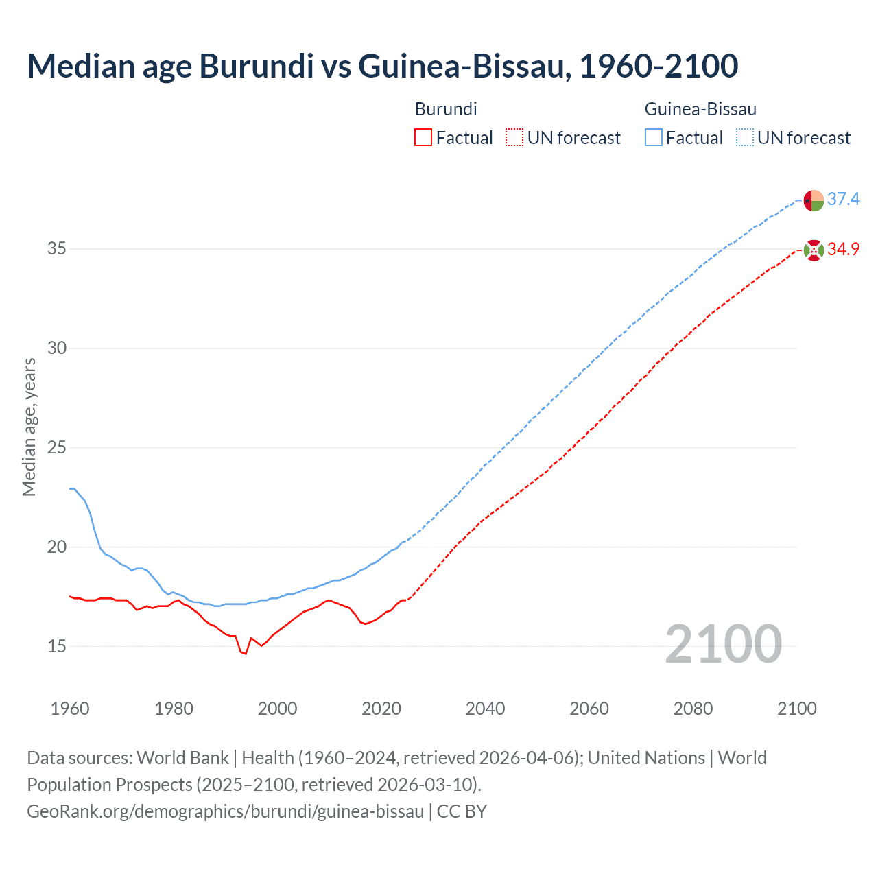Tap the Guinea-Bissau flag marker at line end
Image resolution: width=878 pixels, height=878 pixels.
coord(813,200)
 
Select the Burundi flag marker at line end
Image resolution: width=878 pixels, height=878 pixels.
coord(813,250)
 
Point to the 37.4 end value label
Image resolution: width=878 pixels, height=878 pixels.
coord(843,200)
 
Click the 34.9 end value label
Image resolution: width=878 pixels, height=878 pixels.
coord(843,250)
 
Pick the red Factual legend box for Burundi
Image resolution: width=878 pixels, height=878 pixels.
coord(423,138)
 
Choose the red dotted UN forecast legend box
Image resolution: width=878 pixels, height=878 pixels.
coord(514,138)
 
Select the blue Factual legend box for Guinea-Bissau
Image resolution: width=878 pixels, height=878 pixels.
coord(653,138)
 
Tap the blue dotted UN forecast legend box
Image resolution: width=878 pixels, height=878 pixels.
coord(744,138)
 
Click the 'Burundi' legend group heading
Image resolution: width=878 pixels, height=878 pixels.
coord(446,109)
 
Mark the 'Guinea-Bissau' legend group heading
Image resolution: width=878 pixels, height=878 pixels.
coord(700,109)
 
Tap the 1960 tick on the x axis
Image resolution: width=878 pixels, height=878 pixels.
coord(70,709)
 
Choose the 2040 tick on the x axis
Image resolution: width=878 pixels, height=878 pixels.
coord(485,709)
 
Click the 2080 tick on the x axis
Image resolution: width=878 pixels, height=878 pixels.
coord(693,709)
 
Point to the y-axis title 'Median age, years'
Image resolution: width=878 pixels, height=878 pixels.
coord(29,427)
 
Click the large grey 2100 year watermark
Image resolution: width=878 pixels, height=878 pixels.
coord(723,644)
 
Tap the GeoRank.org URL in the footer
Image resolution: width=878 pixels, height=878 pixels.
coord(225,811)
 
